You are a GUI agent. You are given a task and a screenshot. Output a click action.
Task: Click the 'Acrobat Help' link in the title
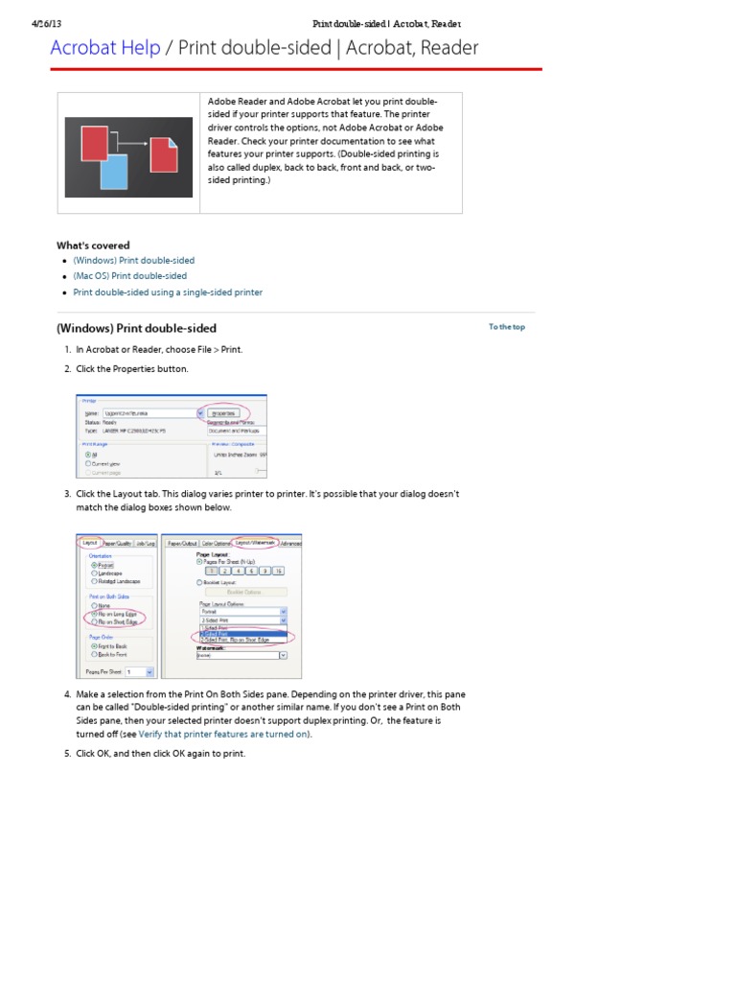105,48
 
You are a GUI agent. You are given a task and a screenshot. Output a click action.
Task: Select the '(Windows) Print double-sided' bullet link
133,261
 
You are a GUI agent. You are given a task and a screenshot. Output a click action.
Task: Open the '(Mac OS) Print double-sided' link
129,276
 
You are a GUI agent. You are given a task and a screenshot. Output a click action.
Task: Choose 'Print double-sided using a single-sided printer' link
168,292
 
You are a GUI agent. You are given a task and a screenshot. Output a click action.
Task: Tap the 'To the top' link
506,327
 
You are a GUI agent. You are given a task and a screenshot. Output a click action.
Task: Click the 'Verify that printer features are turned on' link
224,734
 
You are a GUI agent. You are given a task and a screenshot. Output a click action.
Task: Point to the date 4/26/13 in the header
47,23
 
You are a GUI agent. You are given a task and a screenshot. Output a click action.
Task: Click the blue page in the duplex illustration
114,173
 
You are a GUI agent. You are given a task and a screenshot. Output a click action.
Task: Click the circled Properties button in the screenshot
224,413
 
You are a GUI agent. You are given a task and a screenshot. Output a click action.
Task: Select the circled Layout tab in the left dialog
90,543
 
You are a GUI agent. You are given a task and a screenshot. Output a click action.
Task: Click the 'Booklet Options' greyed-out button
243,592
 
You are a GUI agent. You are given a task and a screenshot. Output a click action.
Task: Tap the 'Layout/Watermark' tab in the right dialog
255,543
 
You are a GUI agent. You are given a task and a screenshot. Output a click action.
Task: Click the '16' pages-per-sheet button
278,571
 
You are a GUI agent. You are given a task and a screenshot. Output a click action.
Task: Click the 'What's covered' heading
93,245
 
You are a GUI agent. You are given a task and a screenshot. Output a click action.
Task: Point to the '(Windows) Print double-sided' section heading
136,328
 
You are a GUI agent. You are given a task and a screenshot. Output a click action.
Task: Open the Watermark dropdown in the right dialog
283,655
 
